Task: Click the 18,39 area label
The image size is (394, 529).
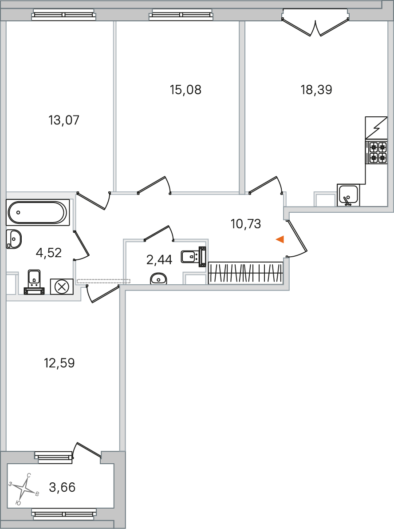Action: pyautogui.click(x=316, y=90)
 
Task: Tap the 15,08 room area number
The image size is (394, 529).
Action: pyautogui.click(x=186, y=90)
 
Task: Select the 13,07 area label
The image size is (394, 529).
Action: pyautogui.click(x=64, y=120)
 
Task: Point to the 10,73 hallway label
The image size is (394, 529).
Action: pyautogui.click(x=246, y=224)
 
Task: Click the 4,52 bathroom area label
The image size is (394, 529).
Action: pyautogui.click(x=48, y=253)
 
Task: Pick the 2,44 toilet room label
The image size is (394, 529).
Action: pyautogui.click(x=159, y=260)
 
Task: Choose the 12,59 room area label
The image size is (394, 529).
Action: pyautogui.click(x=59, y=363)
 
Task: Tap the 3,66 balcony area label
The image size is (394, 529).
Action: pyautogui.click(x=63, y=488)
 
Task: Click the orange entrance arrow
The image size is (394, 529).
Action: pyautogui.click(x=280, y=239)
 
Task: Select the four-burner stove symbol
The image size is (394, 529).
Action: pyautogui.click(x=378, y=152)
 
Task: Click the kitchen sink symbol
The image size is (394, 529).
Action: pyautogui.click(x=348, y=195)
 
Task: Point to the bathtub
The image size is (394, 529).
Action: pyautogui.click(x=38, y=213)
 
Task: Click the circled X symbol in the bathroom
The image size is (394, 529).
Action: pyautogui.click(x=62, y=287)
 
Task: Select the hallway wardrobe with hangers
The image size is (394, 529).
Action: pyautogui.click(x=245, y=273)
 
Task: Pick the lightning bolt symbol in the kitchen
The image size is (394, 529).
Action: pyautogui.click(x=376, y=128)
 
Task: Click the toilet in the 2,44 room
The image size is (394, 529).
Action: pyautogui.click(x=193, y=257)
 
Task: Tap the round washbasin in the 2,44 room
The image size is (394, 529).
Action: pyautogui.click(x=158, y=278)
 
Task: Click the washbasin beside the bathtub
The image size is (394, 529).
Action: pyautogui.click(x=14, y=239)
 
